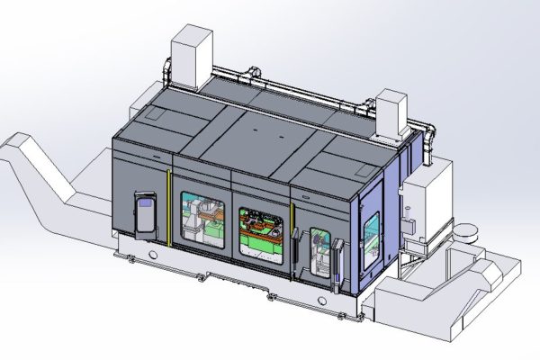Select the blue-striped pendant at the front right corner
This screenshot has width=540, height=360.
tap(339, 261)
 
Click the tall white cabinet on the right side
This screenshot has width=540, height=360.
tap(419, 202)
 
